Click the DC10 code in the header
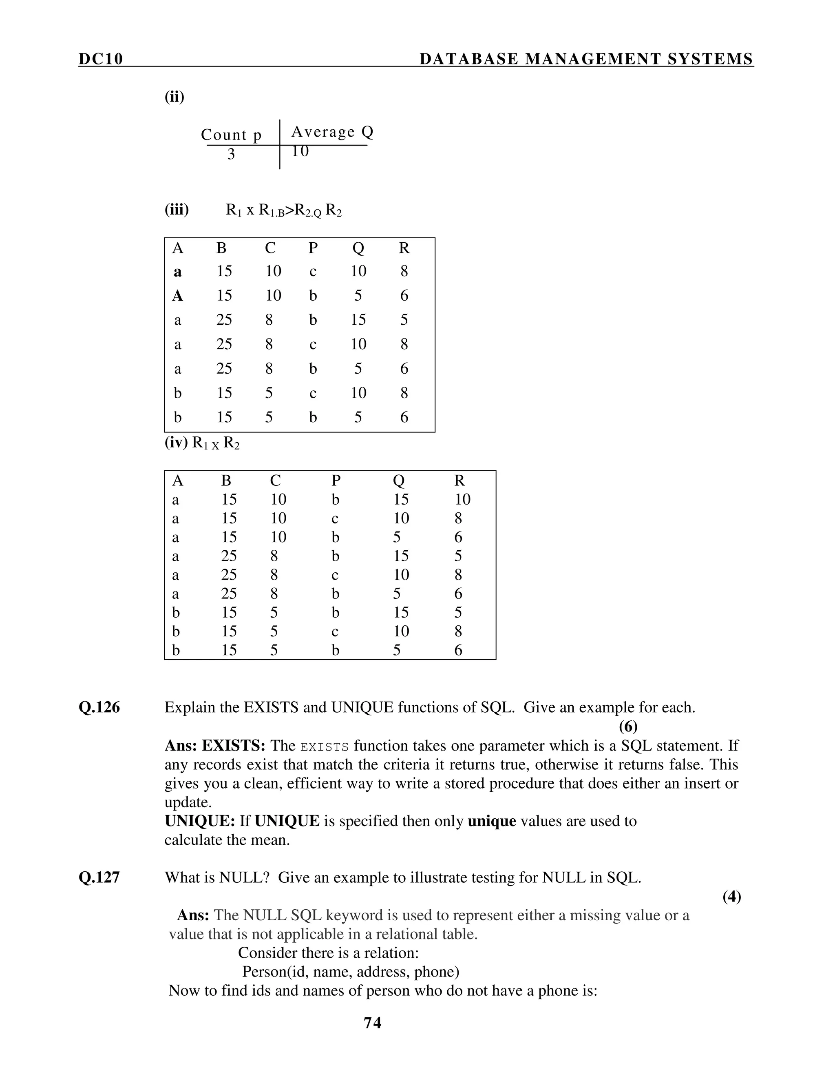pyautogui.click(x=100, y=59)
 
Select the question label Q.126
pyautogui.click(x=99, y=707)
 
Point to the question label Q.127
pyautogui.click(x=99, y=877)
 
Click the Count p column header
pyautogui.click(x=231, y=135)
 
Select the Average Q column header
pyautogui.click(x=332, y=132)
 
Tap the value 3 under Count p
pyautogui.click(x=231, y=155)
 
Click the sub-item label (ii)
pyautogui.click(x=174, y=97)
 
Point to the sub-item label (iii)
pyautogui.click(x=177, y=210)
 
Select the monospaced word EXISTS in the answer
pyautogui.click(x=325, y=747)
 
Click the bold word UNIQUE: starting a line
pyautogui.click(x=200, y=821)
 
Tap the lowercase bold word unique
pyautogui.click(x=492, y=821)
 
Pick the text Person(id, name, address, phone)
pyautogui.click(x=350, y=972)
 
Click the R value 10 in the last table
pyautogui.click(x=462, y=499)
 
